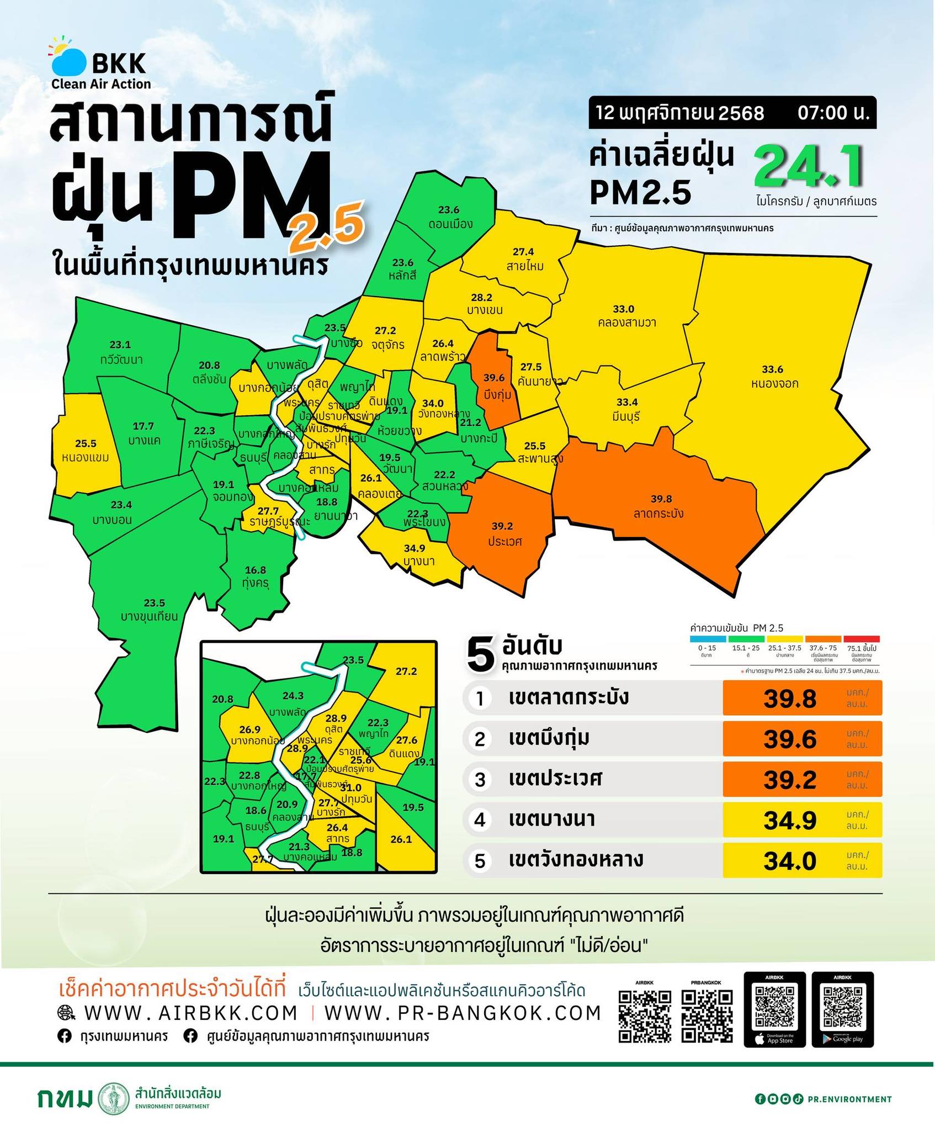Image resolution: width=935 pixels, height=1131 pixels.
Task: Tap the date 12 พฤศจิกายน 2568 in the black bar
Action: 680,113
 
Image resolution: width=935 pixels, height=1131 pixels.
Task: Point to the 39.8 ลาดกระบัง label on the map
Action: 661,506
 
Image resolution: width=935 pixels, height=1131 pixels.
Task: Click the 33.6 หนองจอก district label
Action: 772,376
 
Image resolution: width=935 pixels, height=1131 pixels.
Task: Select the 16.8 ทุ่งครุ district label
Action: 255,576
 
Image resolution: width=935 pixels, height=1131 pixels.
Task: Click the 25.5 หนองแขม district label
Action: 86,450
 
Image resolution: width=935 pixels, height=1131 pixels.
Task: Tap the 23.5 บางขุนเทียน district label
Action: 150,610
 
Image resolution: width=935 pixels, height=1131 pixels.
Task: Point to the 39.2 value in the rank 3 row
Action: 789,779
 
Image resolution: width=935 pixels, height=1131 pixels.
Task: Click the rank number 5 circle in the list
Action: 480,860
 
